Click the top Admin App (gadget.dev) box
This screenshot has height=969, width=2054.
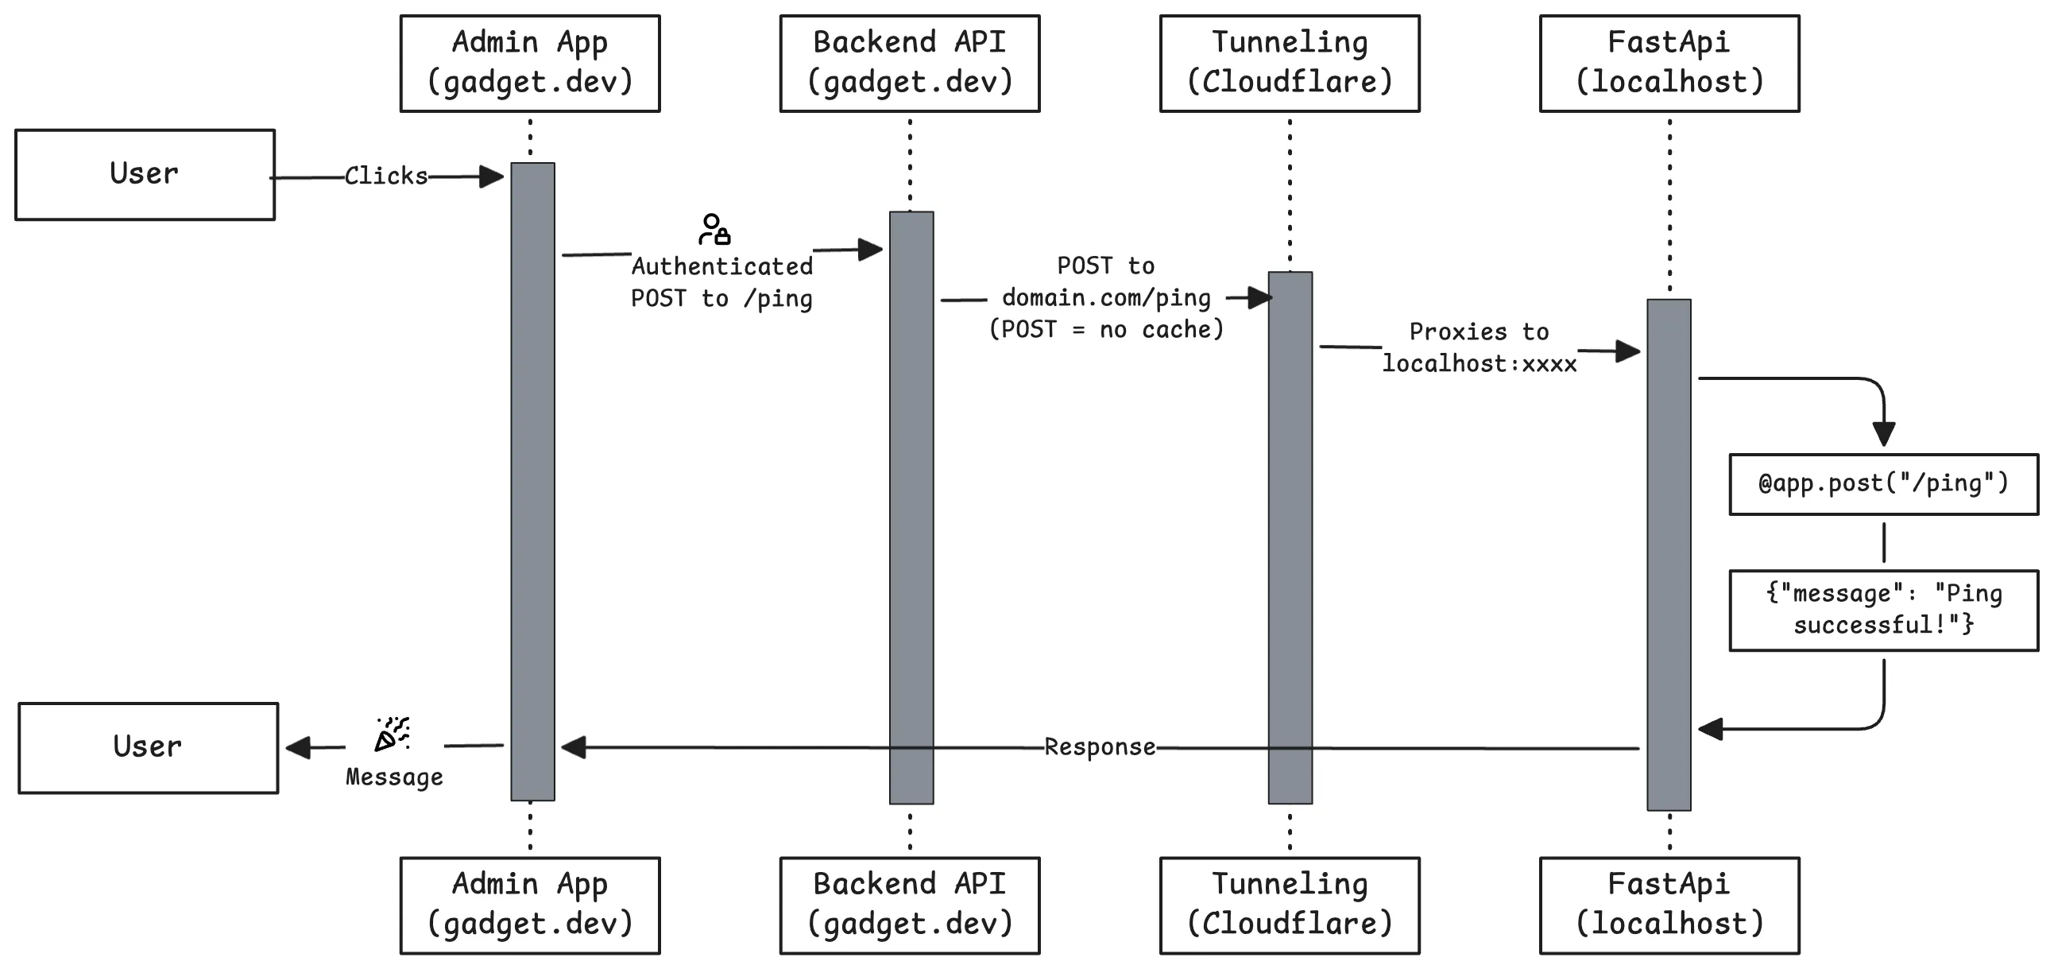530,64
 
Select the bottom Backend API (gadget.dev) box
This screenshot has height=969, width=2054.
910,905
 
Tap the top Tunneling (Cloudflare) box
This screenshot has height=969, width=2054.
1290,64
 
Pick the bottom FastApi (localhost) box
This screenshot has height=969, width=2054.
1669,905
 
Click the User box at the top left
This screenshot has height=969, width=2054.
145,175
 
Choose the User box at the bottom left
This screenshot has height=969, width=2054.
149,748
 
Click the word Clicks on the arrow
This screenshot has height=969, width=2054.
386,176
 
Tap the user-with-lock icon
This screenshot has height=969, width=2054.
714,229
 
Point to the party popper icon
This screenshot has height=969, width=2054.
393,734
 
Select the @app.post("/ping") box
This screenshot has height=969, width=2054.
1883,484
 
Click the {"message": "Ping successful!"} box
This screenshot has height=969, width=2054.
1883,610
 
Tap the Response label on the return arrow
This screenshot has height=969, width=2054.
1100,746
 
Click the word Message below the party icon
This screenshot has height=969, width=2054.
395,777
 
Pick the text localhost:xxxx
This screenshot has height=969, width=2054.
1479,364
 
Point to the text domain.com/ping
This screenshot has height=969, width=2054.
1107,297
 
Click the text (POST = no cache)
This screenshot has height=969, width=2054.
1107,329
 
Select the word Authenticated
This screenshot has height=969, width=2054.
722,266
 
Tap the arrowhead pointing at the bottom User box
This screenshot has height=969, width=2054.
299,747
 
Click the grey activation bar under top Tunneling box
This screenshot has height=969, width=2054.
1290,537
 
